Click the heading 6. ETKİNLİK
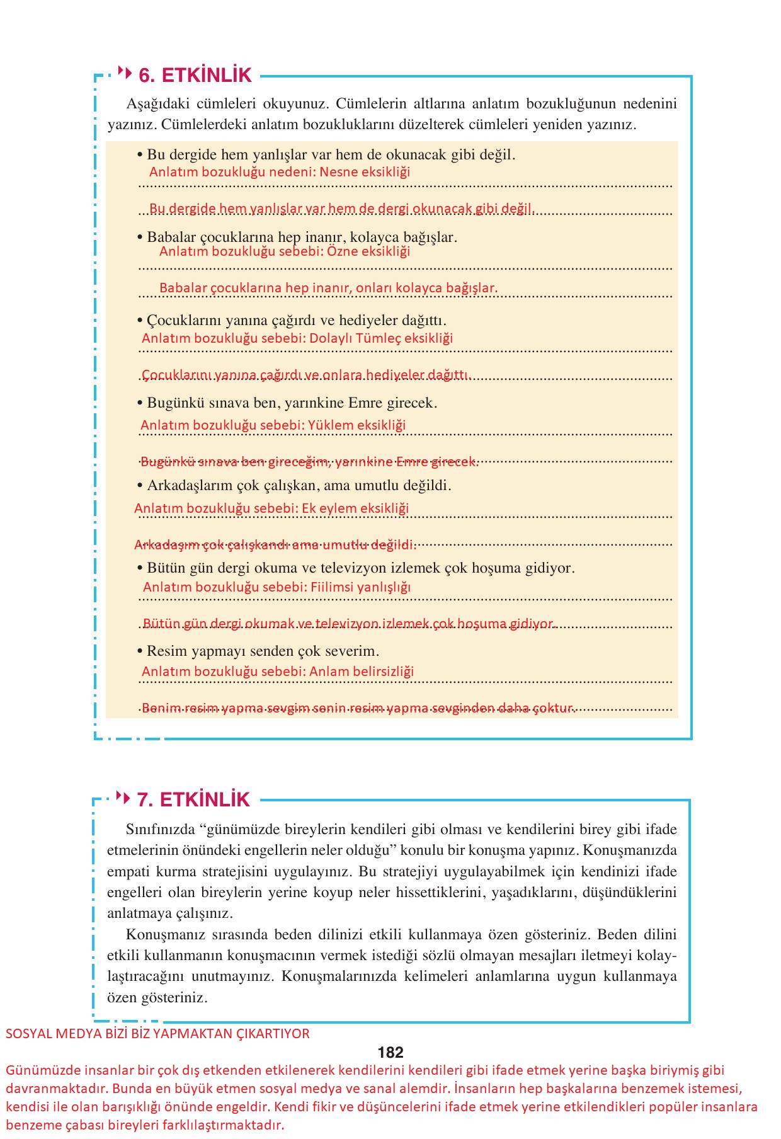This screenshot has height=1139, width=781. (x=195, y=76)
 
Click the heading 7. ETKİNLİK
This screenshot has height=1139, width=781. (x=193, y=799)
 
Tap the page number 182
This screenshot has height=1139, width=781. (x=390, y=1052)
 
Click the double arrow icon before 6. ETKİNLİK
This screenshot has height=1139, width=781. (x=125, y=74)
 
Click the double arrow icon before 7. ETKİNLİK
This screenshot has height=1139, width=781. (x=123, y=798)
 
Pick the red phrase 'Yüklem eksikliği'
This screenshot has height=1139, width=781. (x=356, y=425)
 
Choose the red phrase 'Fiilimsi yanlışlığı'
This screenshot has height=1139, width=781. (x=360, y=587)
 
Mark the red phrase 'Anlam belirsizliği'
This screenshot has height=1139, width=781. (x=362, y=672)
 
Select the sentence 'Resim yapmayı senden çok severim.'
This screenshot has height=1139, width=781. (x=263, y=651)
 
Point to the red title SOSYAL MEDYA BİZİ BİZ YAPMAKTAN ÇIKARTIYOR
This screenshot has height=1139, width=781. (x=157, y=1034)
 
